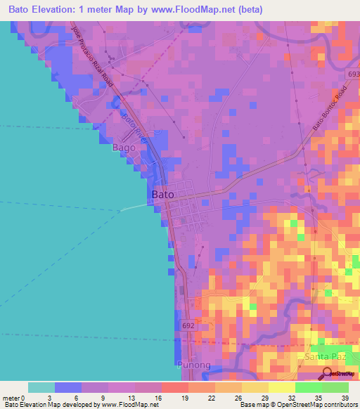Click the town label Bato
tap(162, 193)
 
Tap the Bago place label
tap(124, 148)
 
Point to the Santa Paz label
tap(325, 357)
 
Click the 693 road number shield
tap(353, 74)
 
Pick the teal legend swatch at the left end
tap(41, 387)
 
